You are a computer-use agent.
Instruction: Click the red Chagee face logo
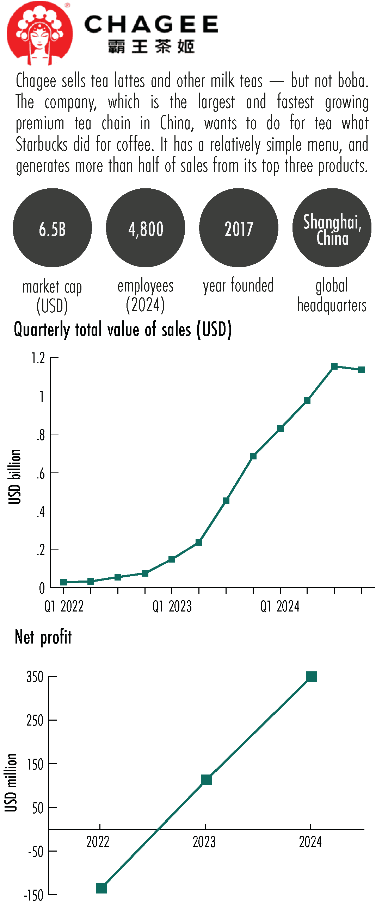click(x=39, y=33)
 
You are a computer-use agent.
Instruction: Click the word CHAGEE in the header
click(x=151, y=25)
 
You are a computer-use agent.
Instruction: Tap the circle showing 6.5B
click(x=52, y=228)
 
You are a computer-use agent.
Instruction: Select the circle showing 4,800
click(x=146, y=228)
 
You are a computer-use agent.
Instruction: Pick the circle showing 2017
click(x=239, y=228)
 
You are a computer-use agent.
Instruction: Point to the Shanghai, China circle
click(x=332, y=228)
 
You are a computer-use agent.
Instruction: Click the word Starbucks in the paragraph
click(x=42, y=145)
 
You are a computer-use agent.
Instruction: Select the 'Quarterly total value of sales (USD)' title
click(x=123, y=330)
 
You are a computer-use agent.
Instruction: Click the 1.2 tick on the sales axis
click(x=38, y=358)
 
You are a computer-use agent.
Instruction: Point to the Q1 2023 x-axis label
click(x=172, y=607)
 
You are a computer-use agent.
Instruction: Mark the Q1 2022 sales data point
click(x=64, y=582)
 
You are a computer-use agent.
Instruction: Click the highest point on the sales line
click(x=334, y=366)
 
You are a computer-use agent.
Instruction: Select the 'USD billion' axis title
click(x=15, y=477)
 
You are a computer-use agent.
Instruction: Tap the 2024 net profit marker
click(x=312, y=676)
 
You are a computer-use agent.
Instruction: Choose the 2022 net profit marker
click(x=101, y=888)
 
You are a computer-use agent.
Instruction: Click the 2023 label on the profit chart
click(x=204, y=842)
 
